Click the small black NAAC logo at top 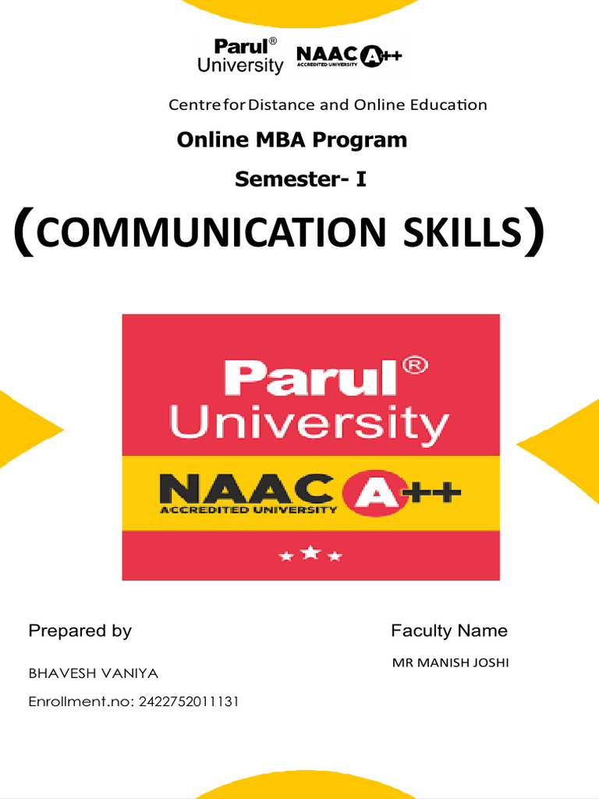(x=349, y=57)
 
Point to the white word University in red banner (x=310, y=424)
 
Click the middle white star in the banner (x=310, y=553)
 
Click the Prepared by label (x=80, y=630)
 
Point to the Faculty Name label (x=448, y=630)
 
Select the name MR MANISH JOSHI (x=450, y=663)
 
